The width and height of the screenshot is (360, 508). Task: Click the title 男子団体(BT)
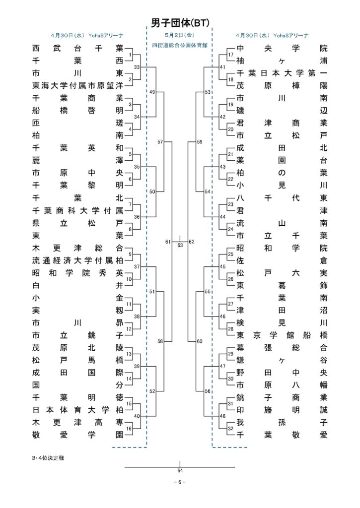pos(180,22)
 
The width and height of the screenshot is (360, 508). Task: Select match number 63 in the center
pos(180,245)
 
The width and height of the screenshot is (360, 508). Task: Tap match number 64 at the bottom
pos(180,470)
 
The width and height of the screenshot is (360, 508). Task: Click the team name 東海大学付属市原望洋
pos(78,85)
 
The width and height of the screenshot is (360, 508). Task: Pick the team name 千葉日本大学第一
pos(282,73)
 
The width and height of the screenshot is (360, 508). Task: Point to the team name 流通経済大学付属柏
pos(78,260)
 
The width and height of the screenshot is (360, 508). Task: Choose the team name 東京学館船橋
pos(282,335)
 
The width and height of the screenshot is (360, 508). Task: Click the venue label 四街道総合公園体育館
pos(180,45)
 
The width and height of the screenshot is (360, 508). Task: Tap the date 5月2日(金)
pos(180,35)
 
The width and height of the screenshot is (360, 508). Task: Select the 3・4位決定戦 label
pos(48,458)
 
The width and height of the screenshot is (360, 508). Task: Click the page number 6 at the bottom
pos(180,482)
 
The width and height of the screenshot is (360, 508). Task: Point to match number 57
pos(160,142)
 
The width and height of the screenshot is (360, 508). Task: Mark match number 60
pos(200,341)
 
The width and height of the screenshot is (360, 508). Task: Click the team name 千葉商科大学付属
pos(78,210)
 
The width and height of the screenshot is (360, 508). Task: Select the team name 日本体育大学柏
pos(78,410)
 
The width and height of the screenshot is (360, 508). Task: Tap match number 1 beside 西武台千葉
pos(130,55)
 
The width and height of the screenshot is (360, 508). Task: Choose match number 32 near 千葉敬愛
pos(230,429)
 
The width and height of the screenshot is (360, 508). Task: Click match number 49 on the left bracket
pos(152,92)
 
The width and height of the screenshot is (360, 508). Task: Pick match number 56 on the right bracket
pos(208,391)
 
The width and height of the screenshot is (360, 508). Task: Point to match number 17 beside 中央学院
pos(230,55)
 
